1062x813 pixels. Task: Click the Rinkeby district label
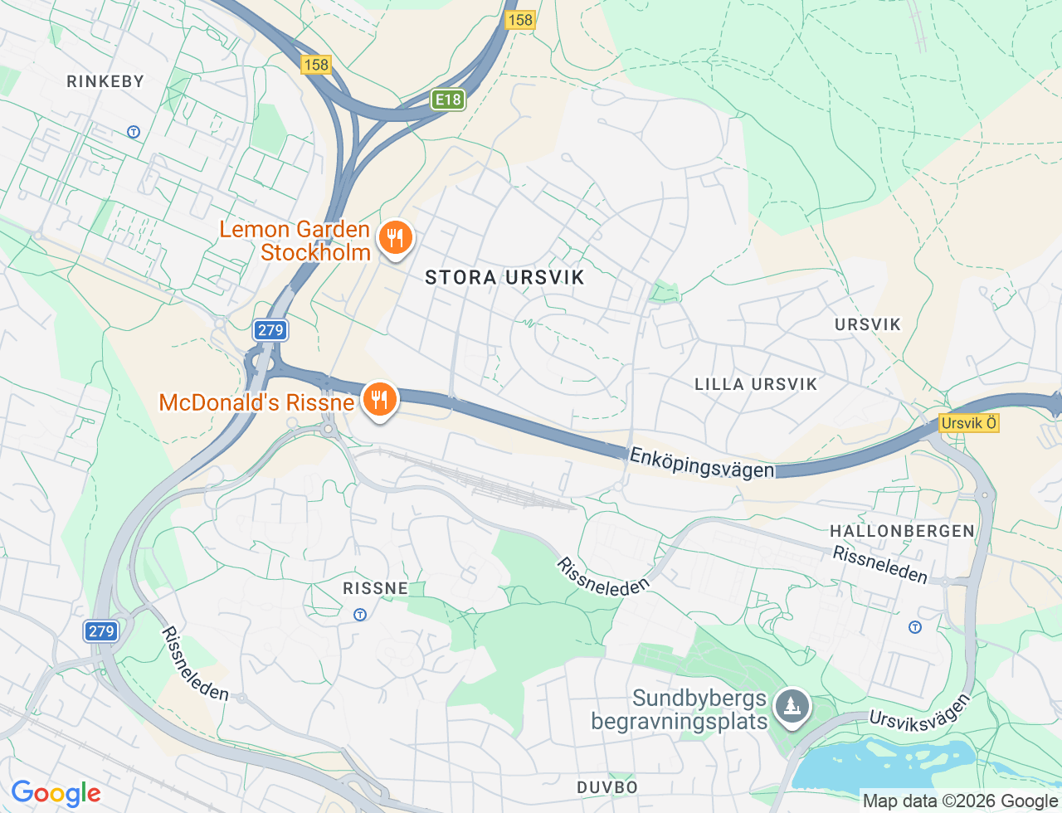pos(105,81)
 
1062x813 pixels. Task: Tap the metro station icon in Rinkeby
pos(134,132)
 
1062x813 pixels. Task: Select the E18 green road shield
pos(448,100)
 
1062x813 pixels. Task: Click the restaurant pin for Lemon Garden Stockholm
pos(396,238)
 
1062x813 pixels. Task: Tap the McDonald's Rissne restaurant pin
pos(379,401)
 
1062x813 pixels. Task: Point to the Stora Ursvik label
pos(504,278)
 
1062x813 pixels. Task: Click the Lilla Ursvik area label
pos(756,384)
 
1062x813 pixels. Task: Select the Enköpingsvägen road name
pos(701,463)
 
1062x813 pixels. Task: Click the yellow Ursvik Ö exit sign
pos(968,423)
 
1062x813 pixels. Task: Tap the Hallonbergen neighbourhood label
pos(902,531)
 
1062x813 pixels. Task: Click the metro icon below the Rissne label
pos(360,615)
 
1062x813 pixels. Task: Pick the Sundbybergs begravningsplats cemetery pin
pos(792,707)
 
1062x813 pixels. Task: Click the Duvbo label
pos(607,786)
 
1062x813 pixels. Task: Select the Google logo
pos(56,794)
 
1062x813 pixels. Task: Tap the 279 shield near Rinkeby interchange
pos(270,330)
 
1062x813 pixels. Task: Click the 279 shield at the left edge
pos(101,631)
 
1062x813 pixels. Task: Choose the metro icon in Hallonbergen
pos(915,627)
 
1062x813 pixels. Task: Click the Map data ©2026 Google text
pos(960,801)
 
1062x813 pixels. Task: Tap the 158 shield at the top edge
pos(519,20)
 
